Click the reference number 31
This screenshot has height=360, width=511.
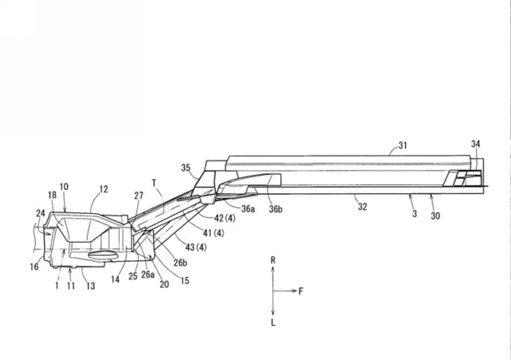[x=404, y=145]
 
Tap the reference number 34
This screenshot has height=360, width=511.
[x=476, y=144]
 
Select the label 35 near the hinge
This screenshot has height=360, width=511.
[x=187, y=168]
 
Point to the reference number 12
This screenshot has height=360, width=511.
[x=103, y=190]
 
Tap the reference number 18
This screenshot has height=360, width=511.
[x=51, y=194]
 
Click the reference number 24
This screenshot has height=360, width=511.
[x=40, y=213]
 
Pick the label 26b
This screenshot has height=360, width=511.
[x=179, y=262]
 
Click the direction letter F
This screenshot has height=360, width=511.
[x=300, y=291]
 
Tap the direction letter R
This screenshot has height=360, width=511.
[x=273, y=261]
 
